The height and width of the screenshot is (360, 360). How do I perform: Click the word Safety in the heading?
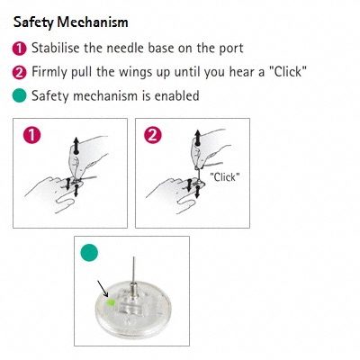tap(33, 22)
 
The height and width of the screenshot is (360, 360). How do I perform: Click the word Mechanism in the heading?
tap(93, 22)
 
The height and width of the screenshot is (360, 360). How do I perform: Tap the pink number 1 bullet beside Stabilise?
tap(20, 49)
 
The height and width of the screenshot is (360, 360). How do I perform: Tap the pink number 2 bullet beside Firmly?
tap(20, 72)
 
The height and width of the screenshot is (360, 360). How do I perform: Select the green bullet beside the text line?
tap(20, 95)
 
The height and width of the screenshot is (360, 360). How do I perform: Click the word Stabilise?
tap(56, 48)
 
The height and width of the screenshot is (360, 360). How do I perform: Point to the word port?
tap(231, 49)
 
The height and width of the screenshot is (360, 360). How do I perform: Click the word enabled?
tap(176, 95)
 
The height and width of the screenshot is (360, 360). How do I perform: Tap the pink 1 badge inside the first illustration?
tap(31, 135)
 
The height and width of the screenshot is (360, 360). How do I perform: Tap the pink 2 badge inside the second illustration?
tap(153, 135)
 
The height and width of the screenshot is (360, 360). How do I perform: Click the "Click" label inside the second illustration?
tap(225, 177)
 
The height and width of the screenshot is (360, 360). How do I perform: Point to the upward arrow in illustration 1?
tap(76, 146)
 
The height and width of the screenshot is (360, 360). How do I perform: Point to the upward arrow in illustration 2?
tap(197, 138)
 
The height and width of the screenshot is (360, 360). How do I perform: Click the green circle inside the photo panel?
tap(89, 253)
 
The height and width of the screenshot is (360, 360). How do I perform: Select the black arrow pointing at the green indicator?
tap(103, 289)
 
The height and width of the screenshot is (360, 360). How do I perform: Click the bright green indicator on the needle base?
tap(111, 302)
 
